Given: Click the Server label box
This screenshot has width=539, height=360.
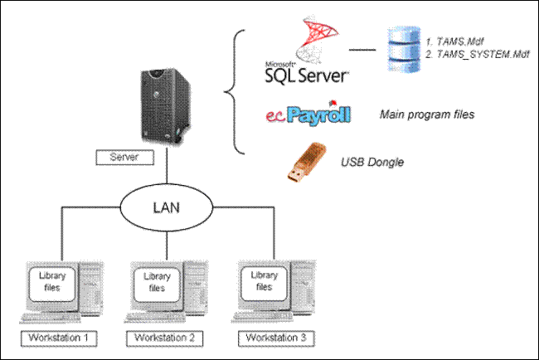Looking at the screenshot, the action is tap(124, 158).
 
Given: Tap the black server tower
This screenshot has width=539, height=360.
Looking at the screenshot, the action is tap(165, 105).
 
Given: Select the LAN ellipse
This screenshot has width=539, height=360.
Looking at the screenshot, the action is tap(167, 207).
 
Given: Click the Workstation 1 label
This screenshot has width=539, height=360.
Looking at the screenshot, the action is tap(59, 338).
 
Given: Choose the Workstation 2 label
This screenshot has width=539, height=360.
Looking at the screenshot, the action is tap(165, 338).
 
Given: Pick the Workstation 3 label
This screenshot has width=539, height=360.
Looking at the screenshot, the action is tap(276, 338).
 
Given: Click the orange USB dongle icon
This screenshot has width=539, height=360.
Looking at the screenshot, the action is tap(306, 162).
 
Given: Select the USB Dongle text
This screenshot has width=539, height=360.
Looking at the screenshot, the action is tap(372, 162).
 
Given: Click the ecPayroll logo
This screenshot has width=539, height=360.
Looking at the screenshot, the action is tap(308, 113).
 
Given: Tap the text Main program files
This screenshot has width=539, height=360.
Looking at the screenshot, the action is tap(427, 114).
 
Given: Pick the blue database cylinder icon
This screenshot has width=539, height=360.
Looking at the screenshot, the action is tap(405, 49).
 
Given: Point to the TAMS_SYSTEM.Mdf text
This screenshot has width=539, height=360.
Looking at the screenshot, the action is tap(477, 54).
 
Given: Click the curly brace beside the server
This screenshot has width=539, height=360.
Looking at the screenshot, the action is tap(235, 92).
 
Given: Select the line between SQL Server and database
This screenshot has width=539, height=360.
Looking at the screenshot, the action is tap(362, 50).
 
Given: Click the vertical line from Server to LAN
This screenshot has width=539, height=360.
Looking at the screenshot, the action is tap(167, 166).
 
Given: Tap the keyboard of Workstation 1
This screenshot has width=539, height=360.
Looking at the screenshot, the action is tap(51, 318).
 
